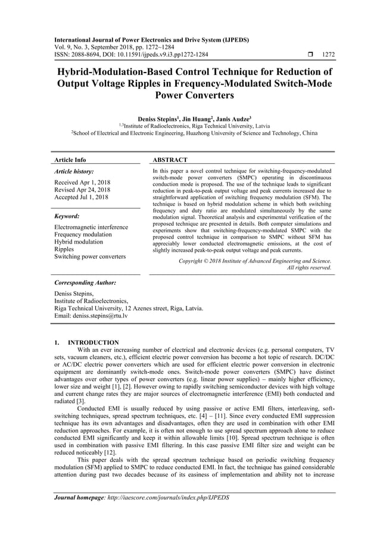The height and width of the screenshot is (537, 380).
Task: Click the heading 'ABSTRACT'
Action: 170,160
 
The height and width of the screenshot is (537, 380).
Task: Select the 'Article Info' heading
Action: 69,160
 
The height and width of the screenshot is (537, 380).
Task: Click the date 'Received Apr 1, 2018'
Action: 85,182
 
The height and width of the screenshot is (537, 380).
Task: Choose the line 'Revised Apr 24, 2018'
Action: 86,190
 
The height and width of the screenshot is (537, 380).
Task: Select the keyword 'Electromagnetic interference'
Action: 91,227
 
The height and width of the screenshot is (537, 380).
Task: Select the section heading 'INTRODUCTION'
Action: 94,343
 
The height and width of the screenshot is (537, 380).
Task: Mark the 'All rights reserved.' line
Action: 309,268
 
